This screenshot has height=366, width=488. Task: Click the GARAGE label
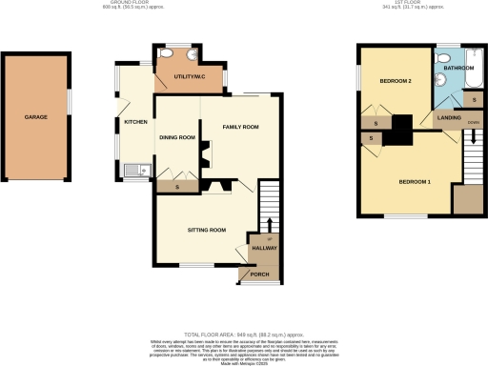tap(36, 118)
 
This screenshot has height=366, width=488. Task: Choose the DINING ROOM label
tap(176, 137)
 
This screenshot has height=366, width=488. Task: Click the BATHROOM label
tap(457, 69)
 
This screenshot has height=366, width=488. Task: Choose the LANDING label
tap(449, 117)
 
